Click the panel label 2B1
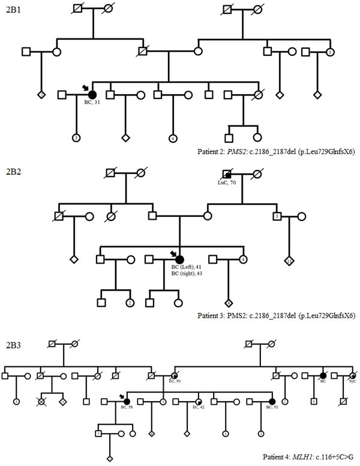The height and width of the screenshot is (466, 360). click(x=13, y=11)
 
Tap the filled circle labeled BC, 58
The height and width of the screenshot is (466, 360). click(x=127, y=401)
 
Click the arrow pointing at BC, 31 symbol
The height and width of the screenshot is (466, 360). click(x=85, y=87)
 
